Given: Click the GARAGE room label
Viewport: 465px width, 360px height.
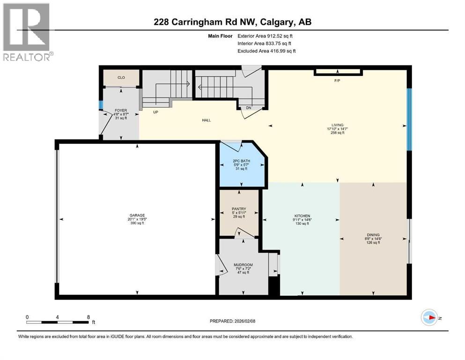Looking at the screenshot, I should pyautogui.click(x=137, y=215).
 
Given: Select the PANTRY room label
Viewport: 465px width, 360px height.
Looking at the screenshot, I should pyautogui.click(x=239, y=209).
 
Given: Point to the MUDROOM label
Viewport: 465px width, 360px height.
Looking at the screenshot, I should pyautogui.click(x=243, y=265).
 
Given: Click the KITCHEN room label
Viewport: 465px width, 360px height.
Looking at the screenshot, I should pyautogui.click(x=302, y=216).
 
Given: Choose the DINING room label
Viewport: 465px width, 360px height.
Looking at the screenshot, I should pyautogui.click(x=373, y=235).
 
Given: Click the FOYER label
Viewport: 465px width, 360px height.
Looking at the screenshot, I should pyautogui.click(x=121, y=111).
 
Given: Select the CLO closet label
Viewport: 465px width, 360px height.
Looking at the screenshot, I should pyautogui.click(x=121, y=78).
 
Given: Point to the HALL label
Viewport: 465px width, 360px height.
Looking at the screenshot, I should pyautogui.click(x=206, y=120).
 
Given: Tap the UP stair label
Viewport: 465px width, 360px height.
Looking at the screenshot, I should pyautogui.click(x=155, y=112).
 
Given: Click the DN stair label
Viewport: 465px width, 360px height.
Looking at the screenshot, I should pyautogui.click(x=249, y=108).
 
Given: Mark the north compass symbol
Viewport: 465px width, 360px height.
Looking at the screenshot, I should pyautogui.click(x=430, y=317).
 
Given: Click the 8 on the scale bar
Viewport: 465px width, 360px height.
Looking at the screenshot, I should pyautogui.click(x=88, y=317).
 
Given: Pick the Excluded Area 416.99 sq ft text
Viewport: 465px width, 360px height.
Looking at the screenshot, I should pyautogui.click(x=266, y=51).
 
